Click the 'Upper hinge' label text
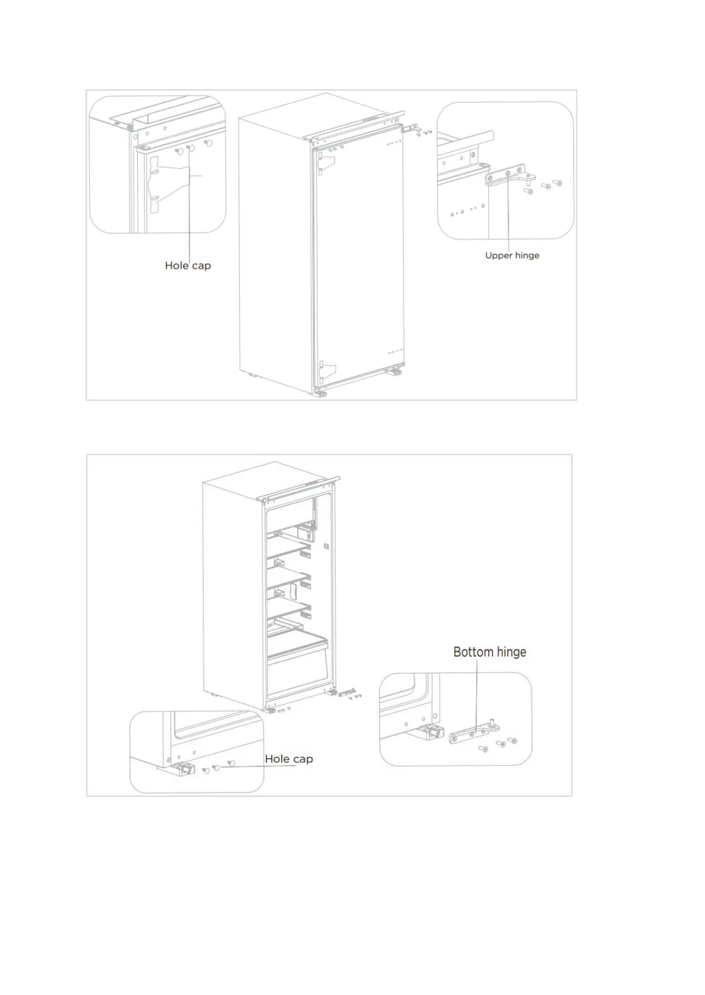pos(512,256)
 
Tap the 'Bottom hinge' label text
pos(489,652)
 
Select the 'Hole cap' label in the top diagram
pos(187,266)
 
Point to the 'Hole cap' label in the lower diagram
pos(288,759)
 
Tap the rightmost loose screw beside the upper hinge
pos(557,184)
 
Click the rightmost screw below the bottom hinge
pos(512,740)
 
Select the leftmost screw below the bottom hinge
pos(482,749)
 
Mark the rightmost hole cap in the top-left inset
pos(207,143)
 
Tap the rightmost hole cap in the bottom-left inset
pos(230,763)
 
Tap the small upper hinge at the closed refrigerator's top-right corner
pos(414,129)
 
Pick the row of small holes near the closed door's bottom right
pos(395,353)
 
